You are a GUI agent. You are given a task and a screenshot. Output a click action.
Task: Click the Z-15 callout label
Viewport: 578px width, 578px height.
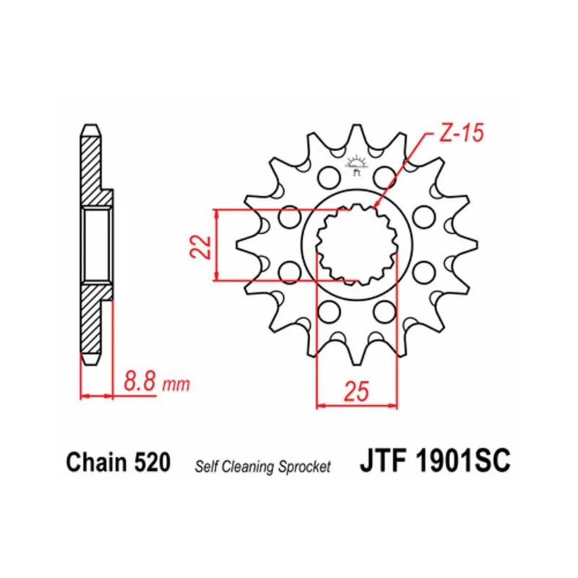(x=461, y=133)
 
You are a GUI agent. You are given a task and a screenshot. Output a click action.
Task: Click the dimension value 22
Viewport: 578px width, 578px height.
(x=200, y=246)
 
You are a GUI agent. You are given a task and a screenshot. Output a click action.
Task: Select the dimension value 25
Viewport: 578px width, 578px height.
(x=356, y=391)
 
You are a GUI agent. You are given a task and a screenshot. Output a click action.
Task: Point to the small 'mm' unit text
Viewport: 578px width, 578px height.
(x=176, y=385)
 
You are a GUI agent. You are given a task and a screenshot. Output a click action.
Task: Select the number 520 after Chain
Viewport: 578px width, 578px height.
(x=152, y=462)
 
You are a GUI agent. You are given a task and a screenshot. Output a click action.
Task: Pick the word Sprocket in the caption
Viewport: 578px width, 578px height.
(x=304, y=467)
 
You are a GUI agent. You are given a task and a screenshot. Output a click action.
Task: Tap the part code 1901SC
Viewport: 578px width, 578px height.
(x=463, y=460)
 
